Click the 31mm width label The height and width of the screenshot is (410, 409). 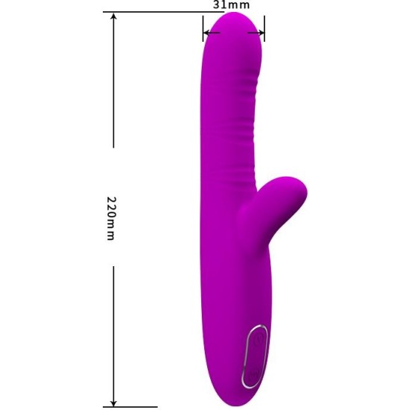[231, 4]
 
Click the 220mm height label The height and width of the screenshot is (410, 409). [112, 218]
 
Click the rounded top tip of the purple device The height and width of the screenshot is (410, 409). [232, 19]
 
